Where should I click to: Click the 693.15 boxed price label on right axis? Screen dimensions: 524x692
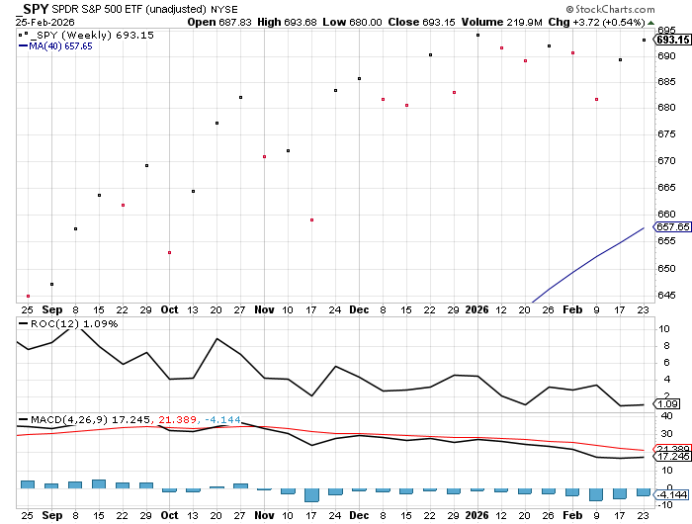pos(672,40)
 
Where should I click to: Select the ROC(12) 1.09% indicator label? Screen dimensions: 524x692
pos(60,324)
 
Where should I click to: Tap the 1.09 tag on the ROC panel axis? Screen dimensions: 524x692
pos(668,404)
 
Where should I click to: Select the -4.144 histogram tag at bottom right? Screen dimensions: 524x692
pos(671,492)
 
